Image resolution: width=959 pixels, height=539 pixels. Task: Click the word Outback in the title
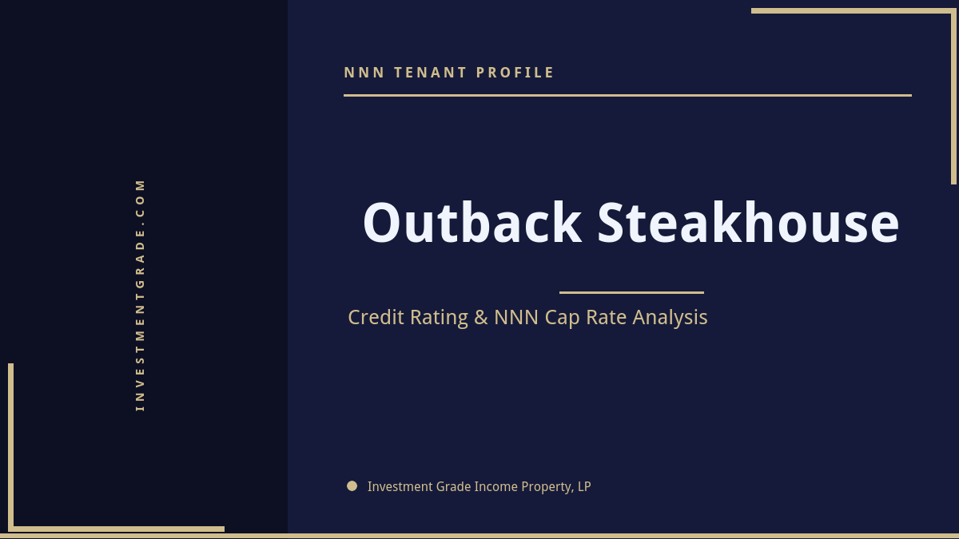pyautogui.click(x=472, y=223)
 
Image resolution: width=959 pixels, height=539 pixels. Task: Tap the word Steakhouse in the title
pyautogui.click(x=748, y=223)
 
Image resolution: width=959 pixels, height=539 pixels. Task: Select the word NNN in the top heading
pyautogui.click(x=364, y=73)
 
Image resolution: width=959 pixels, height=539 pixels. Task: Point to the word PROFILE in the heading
pyautogui.click(x=515, y=73)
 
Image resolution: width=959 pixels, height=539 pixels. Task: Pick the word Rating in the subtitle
pyautogui.click(x=439, y=318)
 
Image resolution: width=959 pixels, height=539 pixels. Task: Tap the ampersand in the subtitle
pyautogui.click(x=480, y=317)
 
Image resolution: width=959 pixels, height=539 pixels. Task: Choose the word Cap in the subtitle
pyautogui.click(x=563, y=318)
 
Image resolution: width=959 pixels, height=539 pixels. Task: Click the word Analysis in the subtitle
pyautogui.click(x=670, y=318)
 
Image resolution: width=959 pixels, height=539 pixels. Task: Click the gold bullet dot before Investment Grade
pyautogui.click(x=352, y=485)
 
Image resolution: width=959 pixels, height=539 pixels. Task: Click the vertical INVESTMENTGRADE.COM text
pyautogui.click(x=140, y=295)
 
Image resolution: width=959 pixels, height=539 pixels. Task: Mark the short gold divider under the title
pyautogui.click(x=631, y=292)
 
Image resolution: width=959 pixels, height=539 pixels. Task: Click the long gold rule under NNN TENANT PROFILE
pyautogui.click(x=627, y=95)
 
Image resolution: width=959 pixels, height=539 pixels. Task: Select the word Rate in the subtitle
pyautogui.click(x=607, y=317)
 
